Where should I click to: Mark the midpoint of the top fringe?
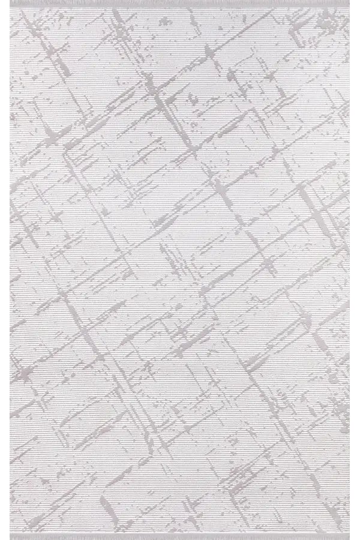click(x=180, y=4)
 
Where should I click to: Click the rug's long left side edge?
click(x=11, y=180)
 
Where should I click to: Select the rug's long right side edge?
click(x=349, y=180)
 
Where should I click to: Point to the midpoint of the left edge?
click(x=11, y=270)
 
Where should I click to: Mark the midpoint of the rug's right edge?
click(x=349, y=270)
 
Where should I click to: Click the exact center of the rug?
click(x=180, y=270)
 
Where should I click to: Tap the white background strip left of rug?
click(x=5, y=270)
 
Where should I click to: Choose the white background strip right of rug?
click(x=355, y=270)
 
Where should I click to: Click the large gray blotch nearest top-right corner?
click(x=327, y=21)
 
